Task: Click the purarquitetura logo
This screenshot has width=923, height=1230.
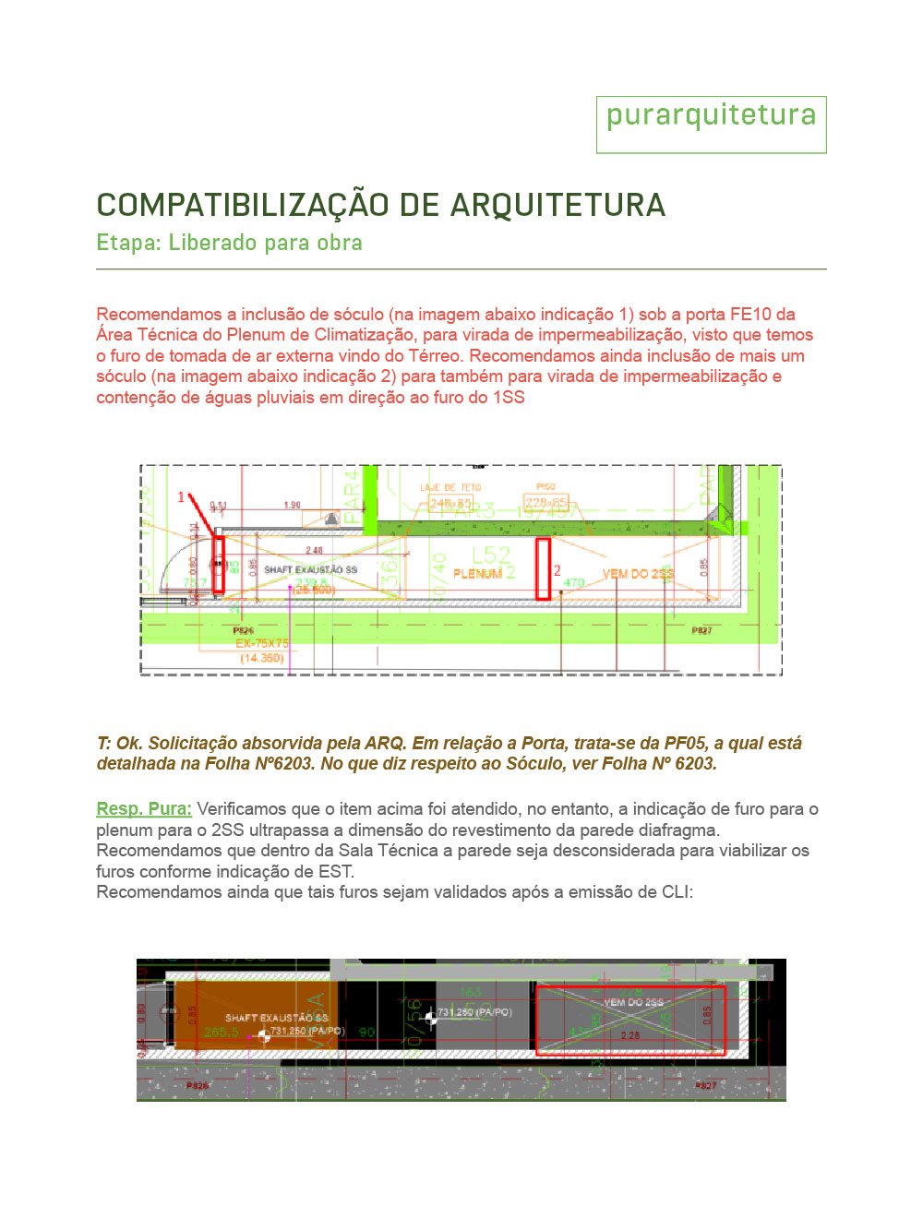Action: (711, 116)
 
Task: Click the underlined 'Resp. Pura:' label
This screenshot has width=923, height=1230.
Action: (144, 809)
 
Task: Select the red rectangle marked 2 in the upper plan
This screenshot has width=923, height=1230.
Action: (543, 568)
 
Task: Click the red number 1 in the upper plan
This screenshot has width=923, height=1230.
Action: (181, 497)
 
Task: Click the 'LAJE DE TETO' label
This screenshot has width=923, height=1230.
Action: (450, 487)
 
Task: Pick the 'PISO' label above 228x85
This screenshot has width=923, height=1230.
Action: (545, 486)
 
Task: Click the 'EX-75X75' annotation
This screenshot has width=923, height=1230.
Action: (261, 643)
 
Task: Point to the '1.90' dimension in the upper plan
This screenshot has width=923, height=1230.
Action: (292, 505)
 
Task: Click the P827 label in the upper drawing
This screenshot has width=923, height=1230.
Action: (702, 630)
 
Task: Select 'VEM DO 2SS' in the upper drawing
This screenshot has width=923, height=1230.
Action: (638, 574)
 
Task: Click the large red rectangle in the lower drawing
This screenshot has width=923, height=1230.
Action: (631, 1021)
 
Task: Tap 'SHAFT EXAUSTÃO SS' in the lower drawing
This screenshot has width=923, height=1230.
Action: (276, 1018)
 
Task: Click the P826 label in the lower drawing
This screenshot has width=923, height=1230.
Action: (198, 1086)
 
